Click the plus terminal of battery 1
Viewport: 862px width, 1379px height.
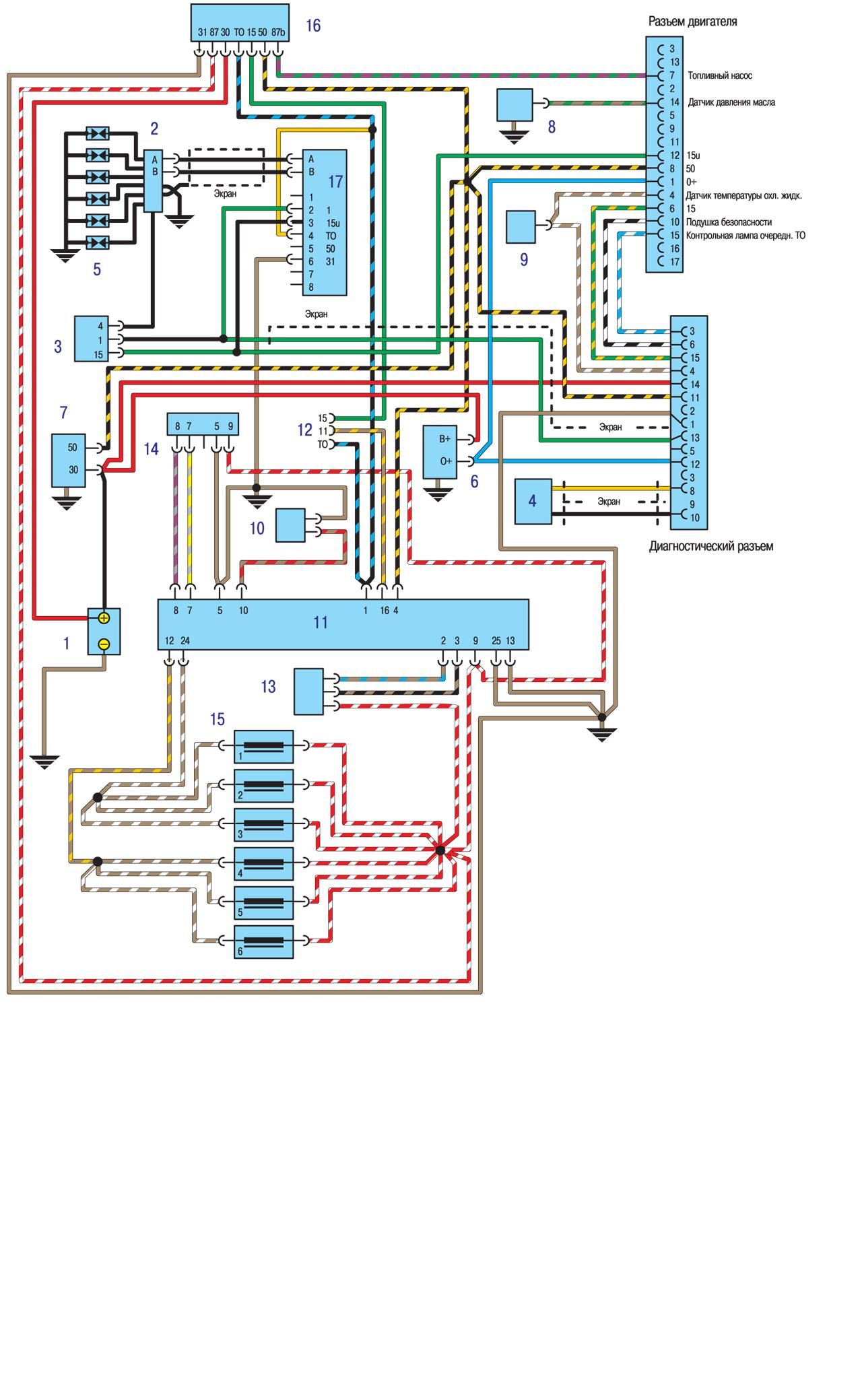tap(104, 617)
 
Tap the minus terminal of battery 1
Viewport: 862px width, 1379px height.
tap(104, 644)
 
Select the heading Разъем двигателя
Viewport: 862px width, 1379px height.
tap(693, 22)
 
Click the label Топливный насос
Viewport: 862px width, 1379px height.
tap(720, 76)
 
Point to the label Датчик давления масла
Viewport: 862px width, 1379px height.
tap(731, 102)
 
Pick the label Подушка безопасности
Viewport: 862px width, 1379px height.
tap(729, 222)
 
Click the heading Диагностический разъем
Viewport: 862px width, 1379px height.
tap(711, 546)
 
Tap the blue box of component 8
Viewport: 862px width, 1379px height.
tap(515, 105)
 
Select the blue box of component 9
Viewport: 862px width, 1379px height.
tap(521, 227)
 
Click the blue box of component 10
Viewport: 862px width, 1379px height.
tap(290, 525)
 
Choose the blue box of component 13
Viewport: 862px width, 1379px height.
tap(309, 692)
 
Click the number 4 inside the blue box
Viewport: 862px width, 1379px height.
tap(532, 501)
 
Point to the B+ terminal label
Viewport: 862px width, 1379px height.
tap(445, 439)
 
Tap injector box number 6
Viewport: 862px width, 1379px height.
tap(264, 941)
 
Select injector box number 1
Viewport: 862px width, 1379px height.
tap(264, 747)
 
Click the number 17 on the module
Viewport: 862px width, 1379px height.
tap(335, 181)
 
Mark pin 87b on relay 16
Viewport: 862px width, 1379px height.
tap(279, 32)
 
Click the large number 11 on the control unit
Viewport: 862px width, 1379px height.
tap(321, 622)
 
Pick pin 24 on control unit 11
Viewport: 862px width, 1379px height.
tap(185, 641)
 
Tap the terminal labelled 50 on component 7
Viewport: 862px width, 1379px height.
tap(73, 448)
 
